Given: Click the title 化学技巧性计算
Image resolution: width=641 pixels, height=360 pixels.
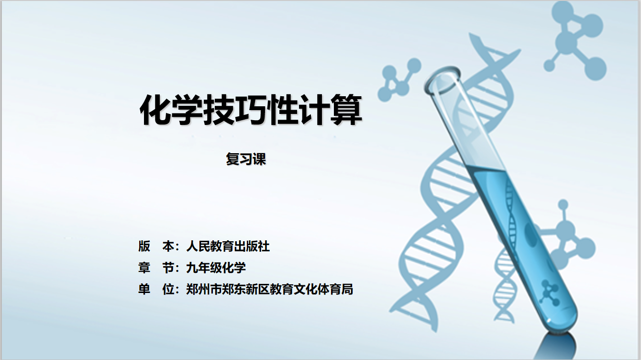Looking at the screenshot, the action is click(251, 110).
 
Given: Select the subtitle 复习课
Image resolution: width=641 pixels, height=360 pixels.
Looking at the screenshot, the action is click(246, 159).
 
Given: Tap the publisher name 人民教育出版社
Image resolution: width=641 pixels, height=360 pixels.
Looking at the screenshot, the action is click(228, 246).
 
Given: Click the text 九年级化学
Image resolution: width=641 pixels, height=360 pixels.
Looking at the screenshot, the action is click(216, 268).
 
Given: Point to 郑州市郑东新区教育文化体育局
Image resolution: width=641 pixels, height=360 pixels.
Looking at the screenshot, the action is click(270, 289).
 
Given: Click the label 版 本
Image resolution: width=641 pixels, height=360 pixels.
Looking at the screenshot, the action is click(156, 246).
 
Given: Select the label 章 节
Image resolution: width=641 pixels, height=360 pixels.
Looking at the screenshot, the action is click(156, 268).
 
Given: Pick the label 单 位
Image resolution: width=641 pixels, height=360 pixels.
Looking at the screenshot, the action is click(156, 289).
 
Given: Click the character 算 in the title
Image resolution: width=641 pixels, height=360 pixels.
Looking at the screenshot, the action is click(346, 110).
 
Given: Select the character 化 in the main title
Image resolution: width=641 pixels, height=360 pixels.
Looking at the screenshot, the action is click(155, 110).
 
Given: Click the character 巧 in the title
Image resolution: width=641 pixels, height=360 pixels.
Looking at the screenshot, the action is click(251, 110).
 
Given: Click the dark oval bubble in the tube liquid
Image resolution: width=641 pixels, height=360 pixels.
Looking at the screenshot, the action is click(530, 235).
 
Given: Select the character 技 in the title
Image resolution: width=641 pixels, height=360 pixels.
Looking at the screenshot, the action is click(219, 110).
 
